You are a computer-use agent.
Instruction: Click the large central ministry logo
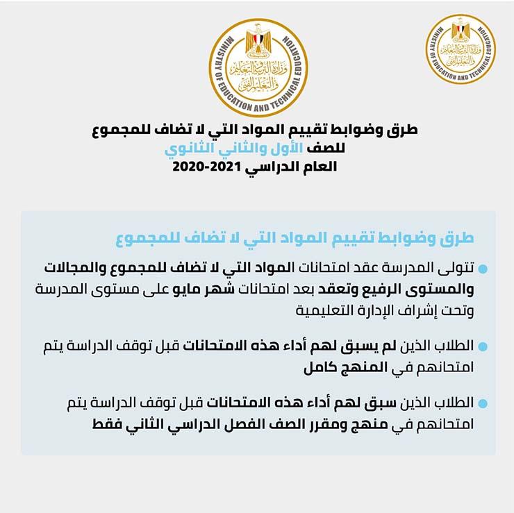click(258, 67)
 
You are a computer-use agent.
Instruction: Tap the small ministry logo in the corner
click(461, 49)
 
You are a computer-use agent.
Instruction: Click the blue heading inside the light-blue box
click(295, 239)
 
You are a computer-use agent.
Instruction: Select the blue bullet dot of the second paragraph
click(483, 345)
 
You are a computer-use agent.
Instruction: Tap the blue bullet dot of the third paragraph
click(483, 403)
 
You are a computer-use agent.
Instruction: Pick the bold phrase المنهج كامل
click(326, 367)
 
